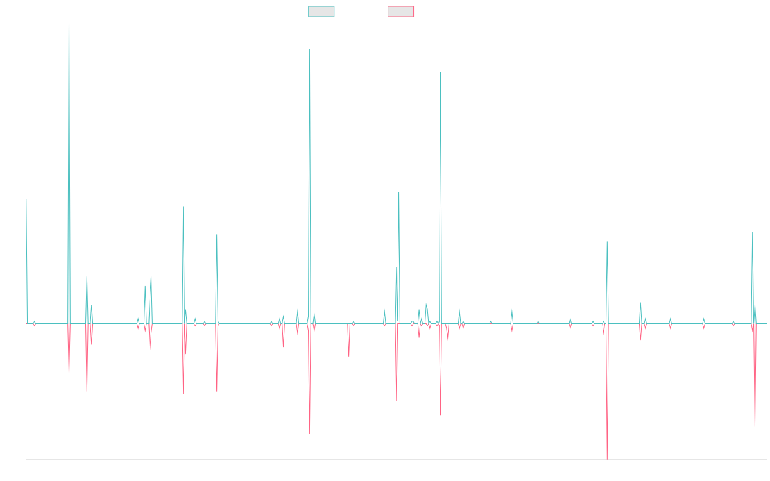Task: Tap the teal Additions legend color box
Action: [321, 12]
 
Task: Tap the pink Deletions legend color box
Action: [401, 12]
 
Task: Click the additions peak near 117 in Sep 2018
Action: [309, 49]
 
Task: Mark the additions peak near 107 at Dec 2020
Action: [441, 73]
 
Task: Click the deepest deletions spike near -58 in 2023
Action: [606, 459]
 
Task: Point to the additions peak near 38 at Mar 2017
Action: [217, 235]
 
